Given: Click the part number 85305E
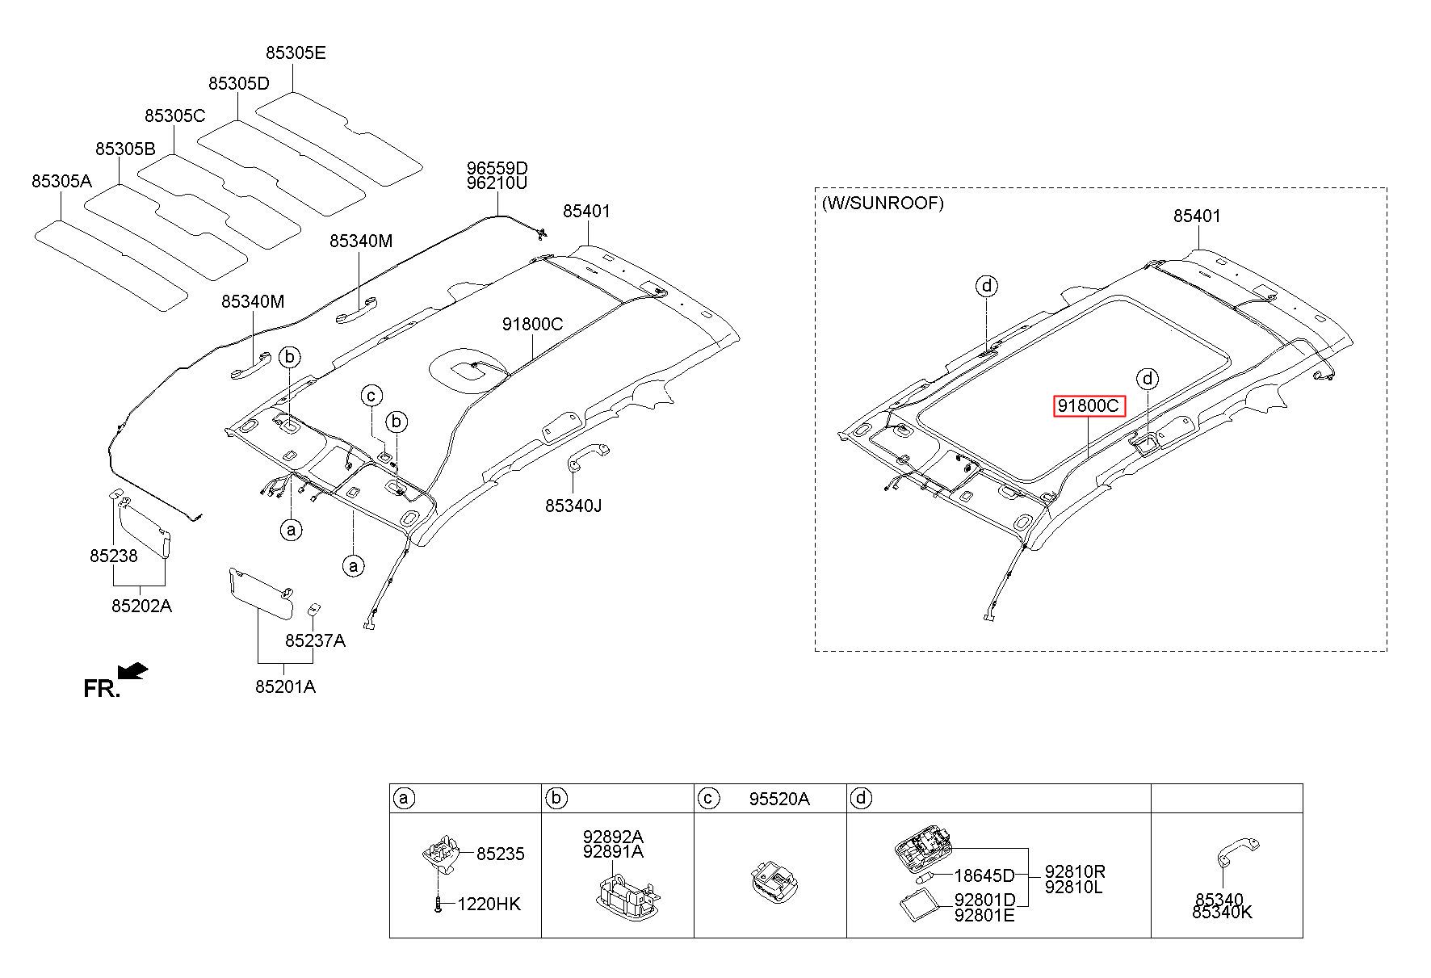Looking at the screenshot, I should pos(296,53).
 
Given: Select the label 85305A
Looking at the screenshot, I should pos(61,182).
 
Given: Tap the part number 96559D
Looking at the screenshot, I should pos(497,169).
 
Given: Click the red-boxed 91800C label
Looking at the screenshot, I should pos(1089,406).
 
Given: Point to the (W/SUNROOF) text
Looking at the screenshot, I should pos(882,204).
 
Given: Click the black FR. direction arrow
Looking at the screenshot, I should pos(132,671).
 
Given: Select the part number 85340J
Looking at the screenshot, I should pos(573,506).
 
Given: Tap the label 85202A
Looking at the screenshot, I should pos(141,606).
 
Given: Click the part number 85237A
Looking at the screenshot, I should pos(315,640).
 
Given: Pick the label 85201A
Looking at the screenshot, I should pos(285,687).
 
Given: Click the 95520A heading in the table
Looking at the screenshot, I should pos(778,800).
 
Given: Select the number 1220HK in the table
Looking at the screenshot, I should pos(489,905).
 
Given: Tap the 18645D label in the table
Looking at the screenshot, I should pos(984,875).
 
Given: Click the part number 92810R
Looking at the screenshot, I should pos(1075,871).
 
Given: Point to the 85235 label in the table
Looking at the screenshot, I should pos(500,854).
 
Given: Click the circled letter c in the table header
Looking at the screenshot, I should pos(707,799).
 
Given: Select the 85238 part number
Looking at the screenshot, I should pos(113,556).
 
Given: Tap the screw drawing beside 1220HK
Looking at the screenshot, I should pos(438,905).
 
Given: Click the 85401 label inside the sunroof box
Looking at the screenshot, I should pos(1197,216).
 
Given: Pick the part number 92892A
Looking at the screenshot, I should pos(613,837).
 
